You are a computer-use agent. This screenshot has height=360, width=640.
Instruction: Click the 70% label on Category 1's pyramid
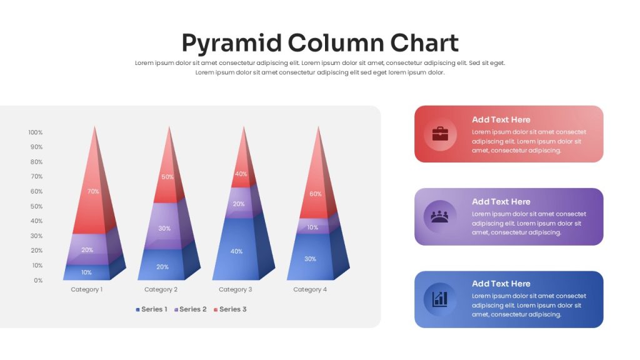(93, 191)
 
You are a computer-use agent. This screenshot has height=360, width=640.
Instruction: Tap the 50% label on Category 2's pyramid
(167, 177)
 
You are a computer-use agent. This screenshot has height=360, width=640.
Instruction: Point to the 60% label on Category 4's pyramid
(315, 194)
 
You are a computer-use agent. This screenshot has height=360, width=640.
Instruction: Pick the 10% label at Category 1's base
(86, 272)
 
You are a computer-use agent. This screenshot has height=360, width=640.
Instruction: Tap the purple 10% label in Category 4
(312, 227)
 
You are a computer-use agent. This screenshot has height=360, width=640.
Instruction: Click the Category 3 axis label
(236, 289)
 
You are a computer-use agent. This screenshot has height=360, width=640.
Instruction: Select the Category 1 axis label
(86, 289)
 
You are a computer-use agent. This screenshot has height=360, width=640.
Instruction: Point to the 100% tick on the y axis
(36, 132)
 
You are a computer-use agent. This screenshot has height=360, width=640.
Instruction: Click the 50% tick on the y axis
(36, 206)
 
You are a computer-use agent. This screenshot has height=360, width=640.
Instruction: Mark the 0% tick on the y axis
(38, 281)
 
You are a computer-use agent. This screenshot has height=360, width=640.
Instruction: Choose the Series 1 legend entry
(151, 309)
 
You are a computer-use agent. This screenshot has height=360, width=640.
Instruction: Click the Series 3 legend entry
(230, 309)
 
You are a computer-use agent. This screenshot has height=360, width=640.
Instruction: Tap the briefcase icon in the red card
(440, 134)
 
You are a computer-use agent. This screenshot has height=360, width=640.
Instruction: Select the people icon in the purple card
(439, 216)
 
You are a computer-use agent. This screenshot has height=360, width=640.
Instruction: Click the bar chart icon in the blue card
(440, 299)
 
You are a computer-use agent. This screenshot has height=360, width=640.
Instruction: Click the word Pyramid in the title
(232, 43)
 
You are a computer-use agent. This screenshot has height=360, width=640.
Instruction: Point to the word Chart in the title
(424, 42)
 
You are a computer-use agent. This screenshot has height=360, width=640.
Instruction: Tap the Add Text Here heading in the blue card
(501, 284)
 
